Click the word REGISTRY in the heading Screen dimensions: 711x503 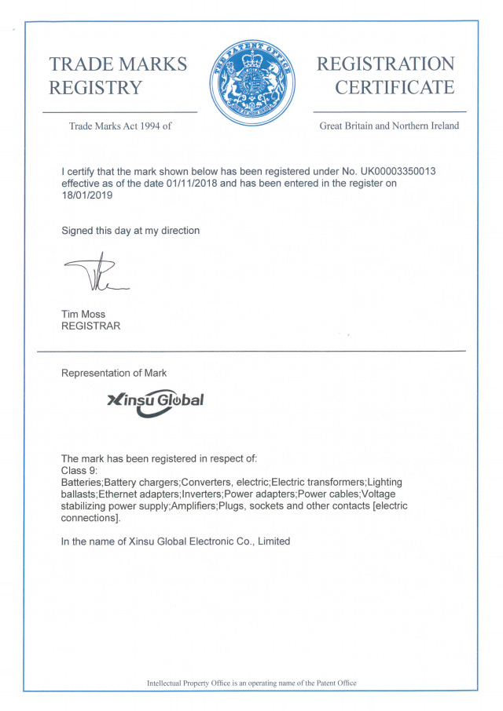(96, 88)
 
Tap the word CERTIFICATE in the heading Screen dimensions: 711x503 (395, 88)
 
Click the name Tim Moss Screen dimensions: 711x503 (84, 315)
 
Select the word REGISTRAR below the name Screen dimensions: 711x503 (91, 326)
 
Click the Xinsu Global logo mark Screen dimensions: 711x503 (155, 402)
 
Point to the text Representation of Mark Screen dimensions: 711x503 (114, 373)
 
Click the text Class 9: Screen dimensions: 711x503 (79, 469)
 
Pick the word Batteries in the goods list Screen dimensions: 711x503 (81, 481)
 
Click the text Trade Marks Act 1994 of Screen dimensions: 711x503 (120, 126)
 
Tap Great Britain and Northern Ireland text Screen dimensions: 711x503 (389, 126)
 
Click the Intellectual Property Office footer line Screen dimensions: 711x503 (251, 683)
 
